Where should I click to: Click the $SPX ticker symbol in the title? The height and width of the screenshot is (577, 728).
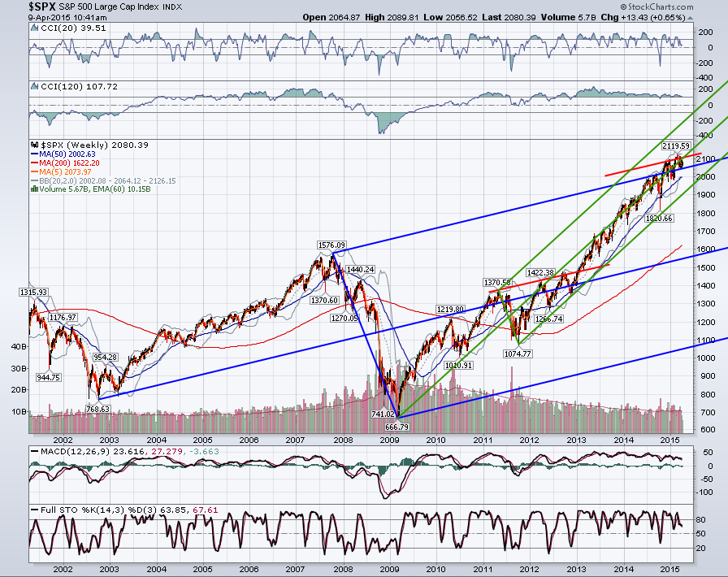pyautogui.click(x=41, y=7)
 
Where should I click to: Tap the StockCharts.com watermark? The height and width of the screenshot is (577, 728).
pyautogui.click(x=656, y=7)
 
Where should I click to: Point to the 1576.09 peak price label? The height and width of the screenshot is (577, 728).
pyautogui.click(x=331, y=245)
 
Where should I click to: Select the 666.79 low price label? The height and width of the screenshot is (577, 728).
pyautogui.click(x=397, y=427)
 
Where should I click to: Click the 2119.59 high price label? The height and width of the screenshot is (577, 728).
pyautogui.click(x=676, y=146)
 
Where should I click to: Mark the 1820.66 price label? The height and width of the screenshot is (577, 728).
pyautogui.click(x=659, y=219)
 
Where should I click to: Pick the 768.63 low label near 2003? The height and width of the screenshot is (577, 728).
pyautogui.click(x=97, y=410)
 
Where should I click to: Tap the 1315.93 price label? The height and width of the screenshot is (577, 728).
pyautogui.click(x=33, y=293)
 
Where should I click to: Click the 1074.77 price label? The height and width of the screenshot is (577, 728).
pyautogui.click(x=518, y=354)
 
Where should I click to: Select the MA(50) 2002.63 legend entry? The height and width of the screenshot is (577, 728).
pyautogui.click(x=63, y=154)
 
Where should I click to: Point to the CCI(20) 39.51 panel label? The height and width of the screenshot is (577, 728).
pyautogui.click(x=68, y=28)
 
